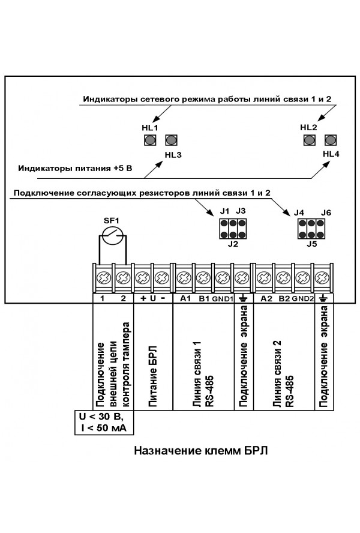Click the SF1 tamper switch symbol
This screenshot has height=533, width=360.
point(113,235)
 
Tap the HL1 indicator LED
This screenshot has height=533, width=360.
point(150,140)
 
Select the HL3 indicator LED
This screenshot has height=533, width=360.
point(172,140)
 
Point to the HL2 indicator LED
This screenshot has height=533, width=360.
point(309,140)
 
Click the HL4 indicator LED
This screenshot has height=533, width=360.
point(331,140)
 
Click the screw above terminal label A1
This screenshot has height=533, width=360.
point(184,278)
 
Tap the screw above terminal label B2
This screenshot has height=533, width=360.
point(283,278)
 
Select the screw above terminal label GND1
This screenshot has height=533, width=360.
point(223,278)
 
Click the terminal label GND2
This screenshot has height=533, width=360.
point(303,299)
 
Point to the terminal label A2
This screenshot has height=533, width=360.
point(266,298)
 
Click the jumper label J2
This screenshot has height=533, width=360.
point(233,244)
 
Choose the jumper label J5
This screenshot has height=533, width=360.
point(311,244)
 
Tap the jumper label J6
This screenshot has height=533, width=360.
point(326,213)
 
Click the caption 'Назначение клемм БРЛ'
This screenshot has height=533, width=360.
point(200,451)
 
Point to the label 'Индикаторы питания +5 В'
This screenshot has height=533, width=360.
point(75,168)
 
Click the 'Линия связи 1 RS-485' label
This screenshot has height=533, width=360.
point(203,375)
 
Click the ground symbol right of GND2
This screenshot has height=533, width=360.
point(323,298)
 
